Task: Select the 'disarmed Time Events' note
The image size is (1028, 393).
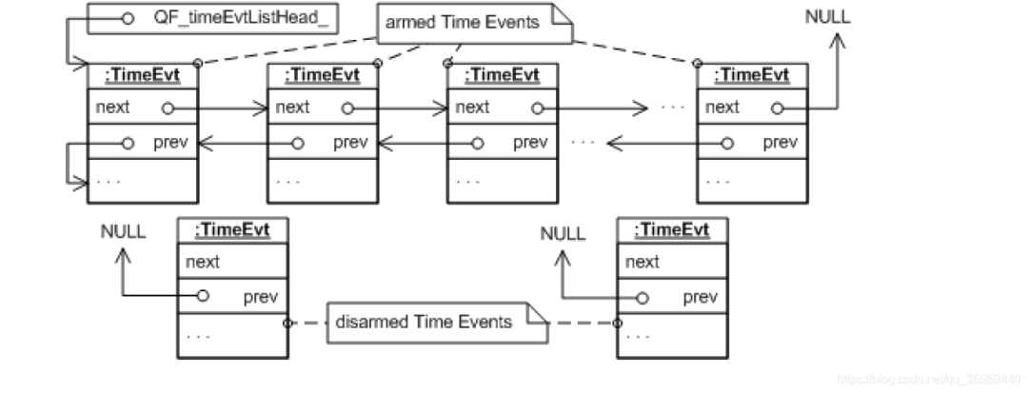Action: [x=424, y=322]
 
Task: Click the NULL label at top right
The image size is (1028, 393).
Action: [x=828, y=17]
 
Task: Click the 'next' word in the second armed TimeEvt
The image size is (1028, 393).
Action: [x=292, y=108]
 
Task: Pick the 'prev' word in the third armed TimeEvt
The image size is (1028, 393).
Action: [x=530, y=144]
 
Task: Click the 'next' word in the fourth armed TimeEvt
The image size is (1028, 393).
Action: [x=722, y=108]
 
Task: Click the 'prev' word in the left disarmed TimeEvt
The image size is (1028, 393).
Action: [x=260, y=297]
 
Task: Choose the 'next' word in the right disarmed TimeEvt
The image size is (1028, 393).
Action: [x=643, y=262]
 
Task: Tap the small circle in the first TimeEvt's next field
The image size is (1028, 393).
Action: [x=168, y=108]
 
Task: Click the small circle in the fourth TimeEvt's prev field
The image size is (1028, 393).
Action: [x=729, y=144]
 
